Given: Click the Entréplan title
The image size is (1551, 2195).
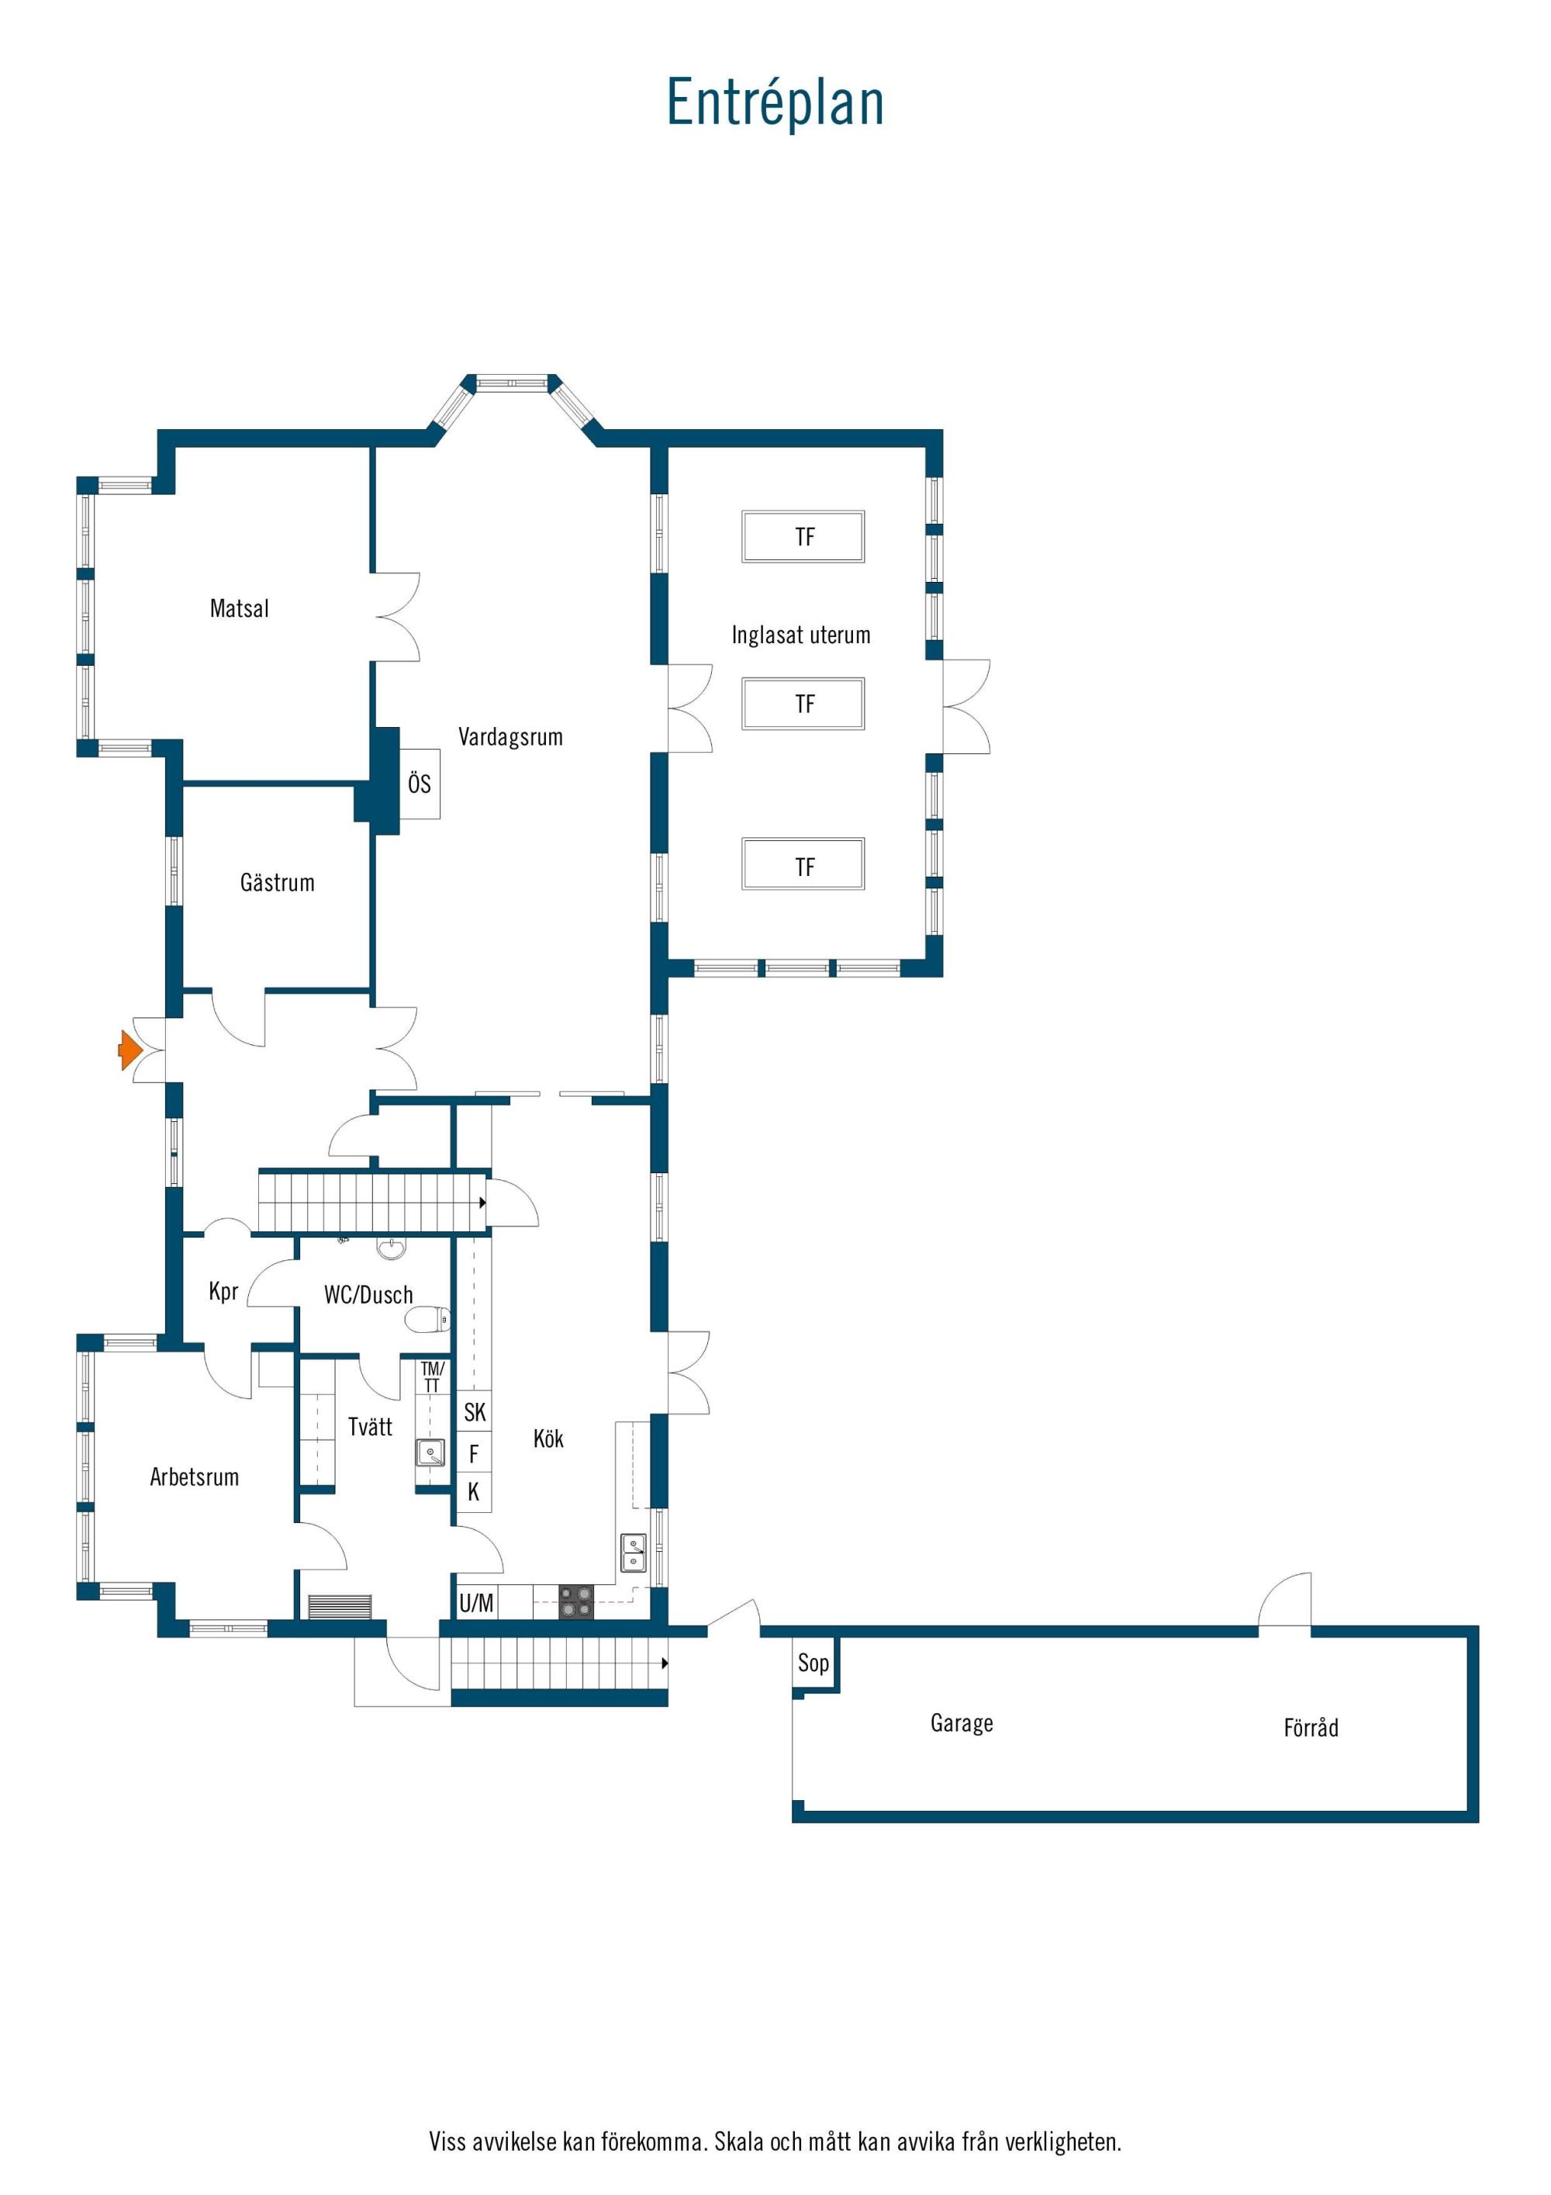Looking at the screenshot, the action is click(x=775, y=102).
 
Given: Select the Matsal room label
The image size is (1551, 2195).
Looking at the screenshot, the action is click(x=239, y=608).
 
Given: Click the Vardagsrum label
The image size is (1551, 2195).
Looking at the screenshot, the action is click(x=510, y=737).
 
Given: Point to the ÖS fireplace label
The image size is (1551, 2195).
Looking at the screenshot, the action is click(x=420, y=783).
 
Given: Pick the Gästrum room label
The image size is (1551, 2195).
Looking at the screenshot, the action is click(x=277, y=882).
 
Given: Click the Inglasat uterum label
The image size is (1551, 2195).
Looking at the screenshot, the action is click(x=801, y=635).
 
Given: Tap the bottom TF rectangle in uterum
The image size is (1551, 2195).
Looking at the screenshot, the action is click(x=803, y=864).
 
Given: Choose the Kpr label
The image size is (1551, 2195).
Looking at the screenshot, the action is click(x=223, y=1292).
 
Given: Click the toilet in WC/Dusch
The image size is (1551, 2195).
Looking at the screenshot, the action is click(x=427, y=1319).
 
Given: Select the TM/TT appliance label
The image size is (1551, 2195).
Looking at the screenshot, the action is click(x=432, y=1376).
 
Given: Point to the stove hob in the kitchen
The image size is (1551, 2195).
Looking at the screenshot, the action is click(x=576, y=1601).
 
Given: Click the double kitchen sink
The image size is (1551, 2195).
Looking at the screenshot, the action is click(x=634, y=1552).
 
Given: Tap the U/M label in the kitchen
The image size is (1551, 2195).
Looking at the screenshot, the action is click(x=477, y=1603).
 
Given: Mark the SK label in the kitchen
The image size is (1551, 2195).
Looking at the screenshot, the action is click(x=475, y=1412).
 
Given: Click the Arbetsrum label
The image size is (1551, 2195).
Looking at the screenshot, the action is click(x=194, y=1477).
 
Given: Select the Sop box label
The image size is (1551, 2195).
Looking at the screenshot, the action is click(x=813, y=1664).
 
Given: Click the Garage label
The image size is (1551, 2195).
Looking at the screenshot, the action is click(x=962, y=1722).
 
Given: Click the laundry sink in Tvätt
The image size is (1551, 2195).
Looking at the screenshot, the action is click(x=430, y=1453).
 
